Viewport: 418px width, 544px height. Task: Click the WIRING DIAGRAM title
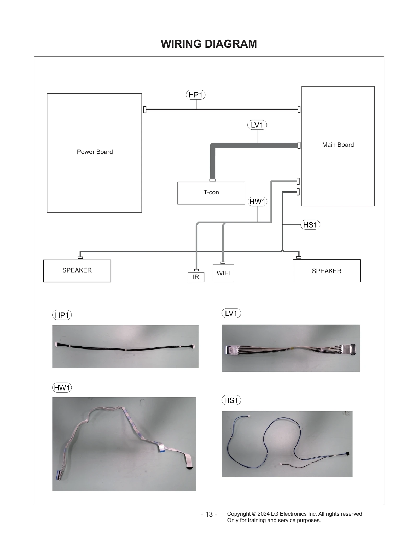209,44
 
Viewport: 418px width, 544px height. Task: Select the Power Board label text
95,152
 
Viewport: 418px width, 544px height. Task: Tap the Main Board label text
338,145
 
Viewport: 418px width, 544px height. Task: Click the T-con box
211,193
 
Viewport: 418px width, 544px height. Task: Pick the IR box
196,277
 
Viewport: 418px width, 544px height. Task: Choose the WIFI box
223,273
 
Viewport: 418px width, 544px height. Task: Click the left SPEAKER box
77,271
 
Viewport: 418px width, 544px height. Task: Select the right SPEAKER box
327,271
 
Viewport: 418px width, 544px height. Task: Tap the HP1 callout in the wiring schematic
195,95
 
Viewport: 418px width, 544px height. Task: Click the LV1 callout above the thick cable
257,125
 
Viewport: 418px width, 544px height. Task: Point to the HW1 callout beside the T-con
257,202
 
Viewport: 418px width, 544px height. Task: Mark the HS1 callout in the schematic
310,225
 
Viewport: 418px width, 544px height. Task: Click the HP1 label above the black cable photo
62,315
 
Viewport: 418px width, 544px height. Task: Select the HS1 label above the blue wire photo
231,400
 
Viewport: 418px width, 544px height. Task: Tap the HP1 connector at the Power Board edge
145,110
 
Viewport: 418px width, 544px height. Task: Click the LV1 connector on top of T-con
213,180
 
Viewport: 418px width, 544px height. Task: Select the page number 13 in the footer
209,514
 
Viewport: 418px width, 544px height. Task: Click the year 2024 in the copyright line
263,514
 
